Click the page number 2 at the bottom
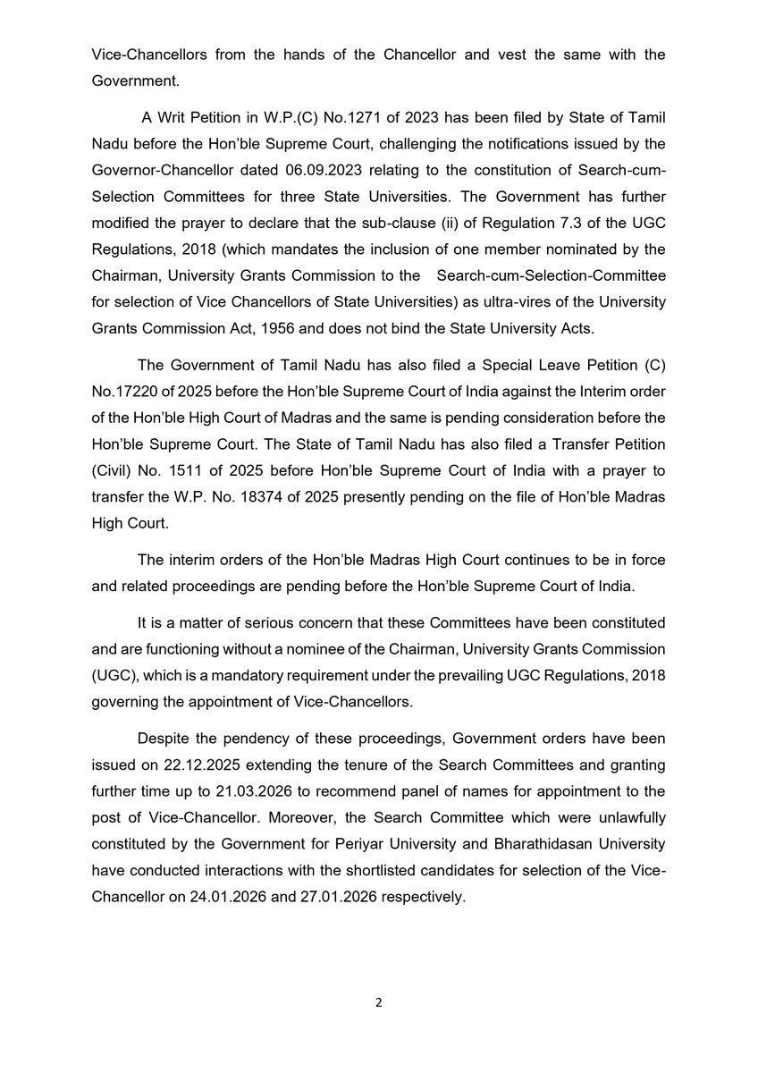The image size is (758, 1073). point(378,1002)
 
